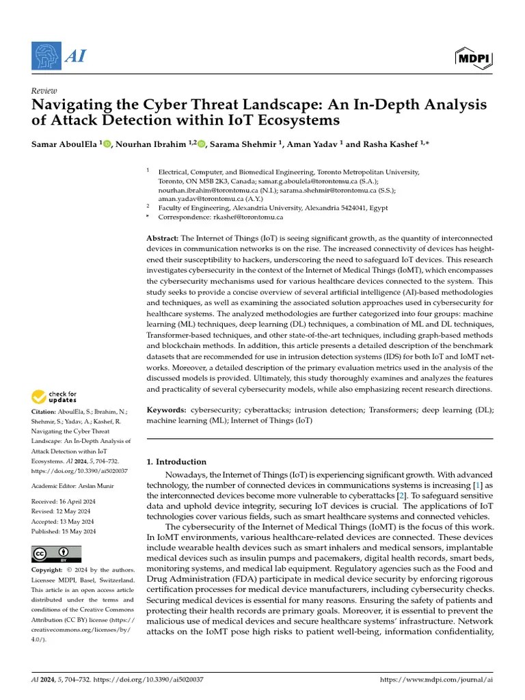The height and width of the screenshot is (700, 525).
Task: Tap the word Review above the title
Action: pos(44,91)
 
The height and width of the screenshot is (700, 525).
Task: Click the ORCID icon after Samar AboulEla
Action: pos(107,144)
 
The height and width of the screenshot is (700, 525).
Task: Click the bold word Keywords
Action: pos(167,409)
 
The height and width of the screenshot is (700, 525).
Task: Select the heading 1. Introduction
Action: pos(176,461)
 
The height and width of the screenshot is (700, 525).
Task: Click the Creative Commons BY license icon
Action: pos(56,554)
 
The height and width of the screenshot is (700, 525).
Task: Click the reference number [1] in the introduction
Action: pos(477,485)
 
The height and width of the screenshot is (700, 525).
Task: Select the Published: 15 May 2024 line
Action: pos(64,531)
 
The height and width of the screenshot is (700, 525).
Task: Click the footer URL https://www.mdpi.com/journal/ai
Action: pos(435,679)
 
